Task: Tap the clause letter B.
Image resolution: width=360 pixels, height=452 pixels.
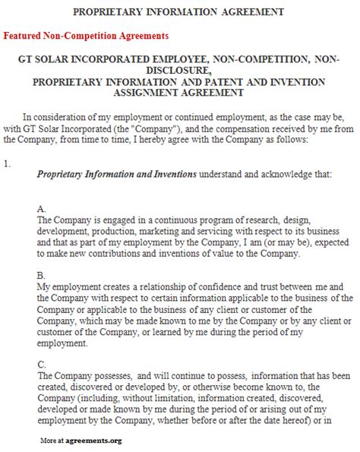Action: coord(41,276)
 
